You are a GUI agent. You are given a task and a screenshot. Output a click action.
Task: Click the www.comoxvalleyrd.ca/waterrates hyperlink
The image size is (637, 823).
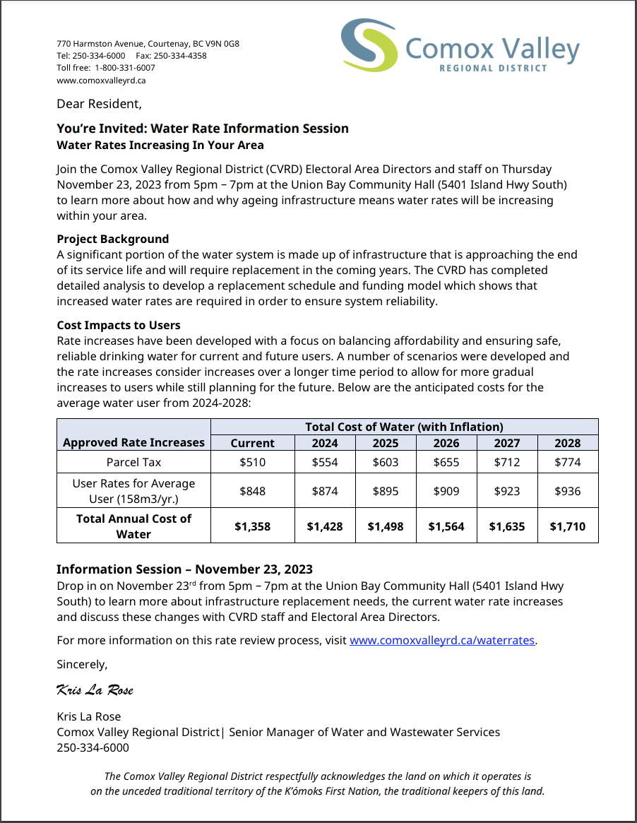pyautogui.click(x=443, y=641)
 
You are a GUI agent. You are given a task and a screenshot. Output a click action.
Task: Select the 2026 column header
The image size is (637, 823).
pyautogui.click(x=446, y=443)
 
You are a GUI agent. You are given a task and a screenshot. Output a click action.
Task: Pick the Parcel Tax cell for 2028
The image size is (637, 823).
pyautogui.click(x=567, y=462)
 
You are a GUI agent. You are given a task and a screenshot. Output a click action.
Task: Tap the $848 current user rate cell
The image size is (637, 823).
pyautogui.click(x=252, y=490)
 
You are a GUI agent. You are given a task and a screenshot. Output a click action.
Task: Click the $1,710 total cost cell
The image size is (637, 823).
pyautogui.click(x=567, y=526)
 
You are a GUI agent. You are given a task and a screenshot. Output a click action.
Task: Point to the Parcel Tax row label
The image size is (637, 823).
pyautogui.click(x=133, y=462)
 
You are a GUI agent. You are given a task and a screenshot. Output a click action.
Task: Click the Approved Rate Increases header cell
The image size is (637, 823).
pyautogui.click(x=133, y=442)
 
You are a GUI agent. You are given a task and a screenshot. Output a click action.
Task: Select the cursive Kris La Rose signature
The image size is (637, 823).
pyautogui.click(x=95, y=689)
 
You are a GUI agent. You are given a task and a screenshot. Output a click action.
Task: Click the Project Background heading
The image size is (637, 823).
pyautogui.click(x=113, y=239)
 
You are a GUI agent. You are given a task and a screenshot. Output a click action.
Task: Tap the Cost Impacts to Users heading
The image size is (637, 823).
pyautogui.click(x=119, y=325)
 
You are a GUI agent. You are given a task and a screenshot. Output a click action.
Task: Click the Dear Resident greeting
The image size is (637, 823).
pyautogui.click(x=99, y=104)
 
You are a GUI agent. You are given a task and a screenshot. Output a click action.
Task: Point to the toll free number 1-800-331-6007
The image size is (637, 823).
pyautogui.click(x=125, y=68)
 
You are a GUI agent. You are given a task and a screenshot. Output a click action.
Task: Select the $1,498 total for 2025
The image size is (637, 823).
pyautogui.click(x=385, y=526)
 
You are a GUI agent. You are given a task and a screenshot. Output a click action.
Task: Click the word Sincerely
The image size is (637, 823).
pyautogui.click(x=82, y=664)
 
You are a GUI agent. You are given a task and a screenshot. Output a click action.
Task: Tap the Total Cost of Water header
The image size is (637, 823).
pyautogui.click(x=404, y=427)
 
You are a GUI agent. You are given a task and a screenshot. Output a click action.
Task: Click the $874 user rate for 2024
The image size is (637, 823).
pyautogui.click(x=325, y=490)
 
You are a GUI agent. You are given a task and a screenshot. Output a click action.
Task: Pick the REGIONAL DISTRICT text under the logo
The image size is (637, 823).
pyautogui.click(x=493, y=69)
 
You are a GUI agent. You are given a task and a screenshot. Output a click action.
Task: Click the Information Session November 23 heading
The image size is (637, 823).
pyautogui.click(x=184, y=569)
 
